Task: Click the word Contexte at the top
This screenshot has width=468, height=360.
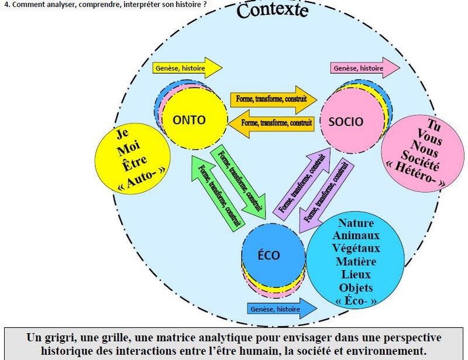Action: (x=272, y=11)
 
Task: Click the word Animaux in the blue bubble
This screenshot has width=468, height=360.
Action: (x=356, y=235)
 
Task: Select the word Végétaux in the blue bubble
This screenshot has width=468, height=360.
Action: (x=356, y=248)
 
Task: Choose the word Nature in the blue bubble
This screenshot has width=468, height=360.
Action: (x=356, y=223)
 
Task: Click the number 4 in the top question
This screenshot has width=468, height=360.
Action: (x=6, y=4)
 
